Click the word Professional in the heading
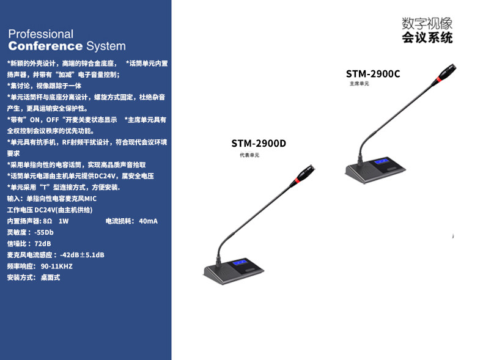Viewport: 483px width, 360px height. point(40,34)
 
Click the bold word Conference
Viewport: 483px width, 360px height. point(45,46)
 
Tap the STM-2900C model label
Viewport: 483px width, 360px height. point(373,74)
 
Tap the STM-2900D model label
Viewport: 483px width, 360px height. point(259,144)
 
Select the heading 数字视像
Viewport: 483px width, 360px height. point(427,24)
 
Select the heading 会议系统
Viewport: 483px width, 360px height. point(427,39)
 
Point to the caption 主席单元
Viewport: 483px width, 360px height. point(359,84)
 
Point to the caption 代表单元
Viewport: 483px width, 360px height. point(249,156)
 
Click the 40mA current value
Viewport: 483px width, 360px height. point(149,221)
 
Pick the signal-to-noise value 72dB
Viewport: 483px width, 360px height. point(43,243)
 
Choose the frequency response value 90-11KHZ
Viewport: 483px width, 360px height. point(57,266)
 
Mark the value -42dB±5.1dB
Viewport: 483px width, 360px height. point(83,255)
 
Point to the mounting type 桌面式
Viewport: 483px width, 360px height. point(50,277)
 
